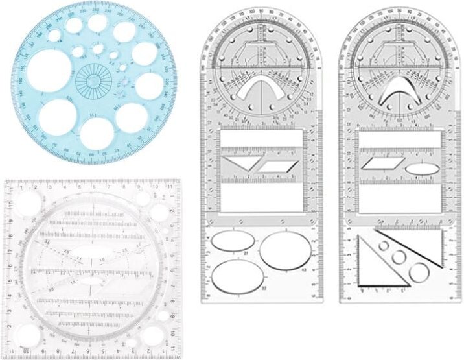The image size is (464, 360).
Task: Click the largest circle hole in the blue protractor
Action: pyautogui.click(x=48, y=69)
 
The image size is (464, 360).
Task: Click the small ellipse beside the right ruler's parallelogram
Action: pyautogui.click(x=419, y=169)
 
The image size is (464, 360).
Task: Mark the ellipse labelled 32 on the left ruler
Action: pyautogui.click(x=237, y=276)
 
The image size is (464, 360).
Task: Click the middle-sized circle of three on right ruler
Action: pyautogui.click(x=399, y=257)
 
